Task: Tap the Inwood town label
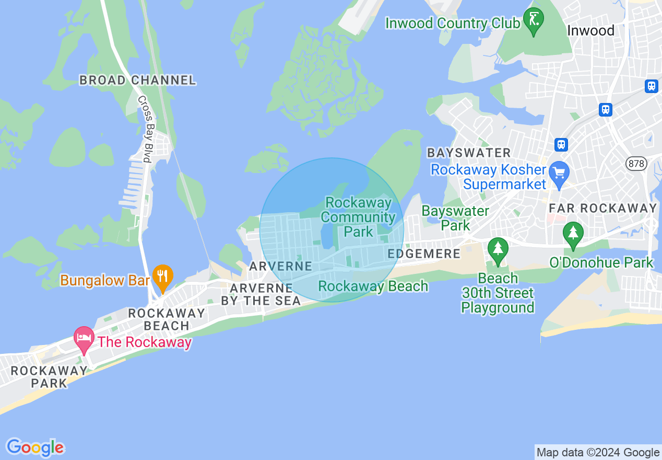click(x=590, y=31)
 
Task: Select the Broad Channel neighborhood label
click(x=138, y=80)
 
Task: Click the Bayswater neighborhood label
click(x=469, y=153)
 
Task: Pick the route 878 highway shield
click(x=636, y=164)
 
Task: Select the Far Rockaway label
click(x=603, y=208)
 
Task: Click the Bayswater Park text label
click(x=455, y=218)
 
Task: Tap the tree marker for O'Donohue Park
click(x=573, y=234)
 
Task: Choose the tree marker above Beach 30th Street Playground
click(x=498, y=249)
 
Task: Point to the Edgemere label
click(x=424, y=254)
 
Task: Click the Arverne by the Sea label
click(x=261, y=294)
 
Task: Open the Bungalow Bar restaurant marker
click(x=162, y=277)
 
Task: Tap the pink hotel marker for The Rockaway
click(x=84, y=338)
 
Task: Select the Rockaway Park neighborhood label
click(x=49, y=377)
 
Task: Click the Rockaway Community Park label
click(x=358, y=217)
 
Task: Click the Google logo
click(x=35, y=447)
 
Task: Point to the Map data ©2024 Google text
click(x=598, y=453)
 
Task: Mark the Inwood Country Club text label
click(x=453, y=24)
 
